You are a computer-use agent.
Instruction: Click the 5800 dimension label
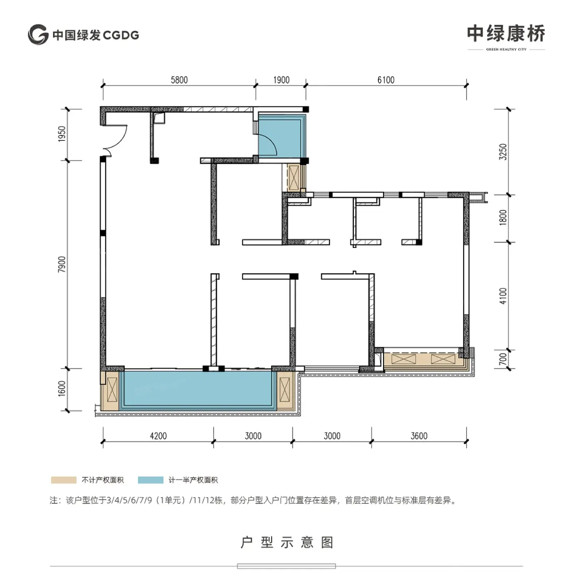(x=180, y=80)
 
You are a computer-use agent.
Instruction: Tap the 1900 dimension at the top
(x=281, y=80)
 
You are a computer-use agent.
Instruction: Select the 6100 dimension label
(x=386, y=80)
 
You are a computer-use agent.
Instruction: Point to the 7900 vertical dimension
(x=61, y=264)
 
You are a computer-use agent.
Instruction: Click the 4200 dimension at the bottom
(x=158, y=436)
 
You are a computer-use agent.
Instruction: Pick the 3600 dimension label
(x=419, y=436)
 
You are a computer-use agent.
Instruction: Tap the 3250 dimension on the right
(x=503, y=152)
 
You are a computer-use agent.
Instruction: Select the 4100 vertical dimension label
(x=503, y=296)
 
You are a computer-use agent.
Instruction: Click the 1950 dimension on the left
(x=61, y=134)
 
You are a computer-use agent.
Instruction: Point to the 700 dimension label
(x=503, y=359)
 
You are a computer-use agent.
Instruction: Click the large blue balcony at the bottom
(x=198, y=390)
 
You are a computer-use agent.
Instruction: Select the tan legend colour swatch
(x=64, y=480)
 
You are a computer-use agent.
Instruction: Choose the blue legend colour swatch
(x=151, y=480)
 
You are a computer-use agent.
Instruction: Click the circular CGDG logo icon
(x=38, y=35)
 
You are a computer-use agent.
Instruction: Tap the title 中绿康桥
(x=506, y=34)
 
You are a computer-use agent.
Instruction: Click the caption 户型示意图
(x=287, y=543)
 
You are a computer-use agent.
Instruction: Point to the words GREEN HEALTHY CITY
(x=506, y=49)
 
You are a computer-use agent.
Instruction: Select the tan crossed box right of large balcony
(x=285, y=390)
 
